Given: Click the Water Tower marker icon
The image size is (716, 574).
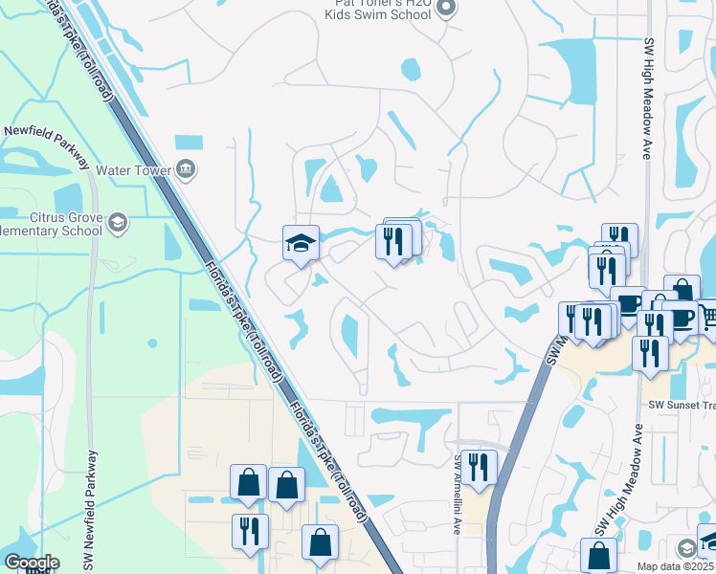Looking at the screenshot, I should coord(186,171).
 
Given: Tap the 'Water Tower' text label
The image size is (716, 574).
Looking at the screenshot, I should coord(133,171).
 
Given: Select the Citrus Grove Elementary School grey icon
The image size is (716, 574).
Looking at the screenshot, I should coord(117,223).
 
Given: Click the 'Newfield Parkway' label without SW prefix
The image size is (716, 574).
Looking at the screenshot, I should coord(45,131).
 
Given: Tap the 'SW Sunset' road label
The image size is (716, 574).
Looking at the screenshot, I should coord(681,405).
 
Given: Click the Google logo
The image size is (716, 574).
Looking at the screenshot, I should coord(32,563).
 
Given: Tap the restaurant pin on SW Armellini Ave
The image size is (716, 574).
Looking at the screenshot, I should coord(478,466).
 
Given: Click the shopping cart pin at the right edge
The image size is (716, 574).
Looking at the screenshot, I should coord(709,316).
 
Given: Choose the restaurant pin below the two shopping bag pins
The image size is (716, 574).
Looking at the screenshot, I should coord(251,531).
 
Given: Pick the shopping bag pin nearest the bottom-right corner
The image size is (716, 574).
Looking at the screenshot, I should coord(598,554).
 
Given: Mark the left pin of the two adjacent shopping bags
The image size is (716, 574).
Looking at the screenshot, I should coord(248,482).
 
